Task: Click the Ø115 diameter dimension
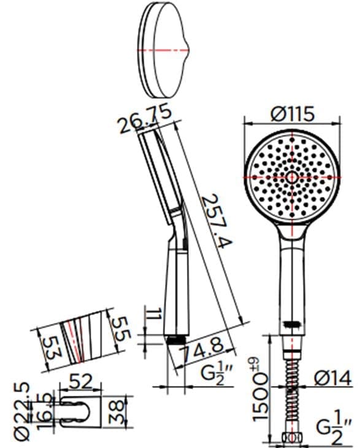coord(292,114)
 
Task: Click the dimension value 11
coord(155,314)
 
